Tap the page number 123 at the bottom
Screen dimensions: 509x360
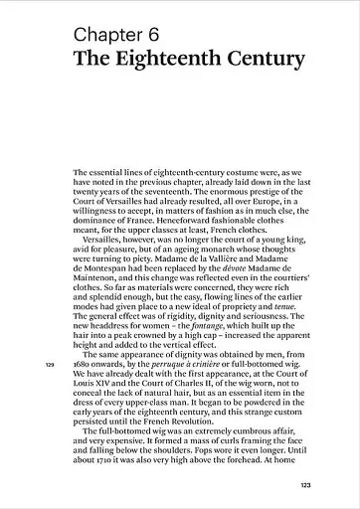306,484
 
